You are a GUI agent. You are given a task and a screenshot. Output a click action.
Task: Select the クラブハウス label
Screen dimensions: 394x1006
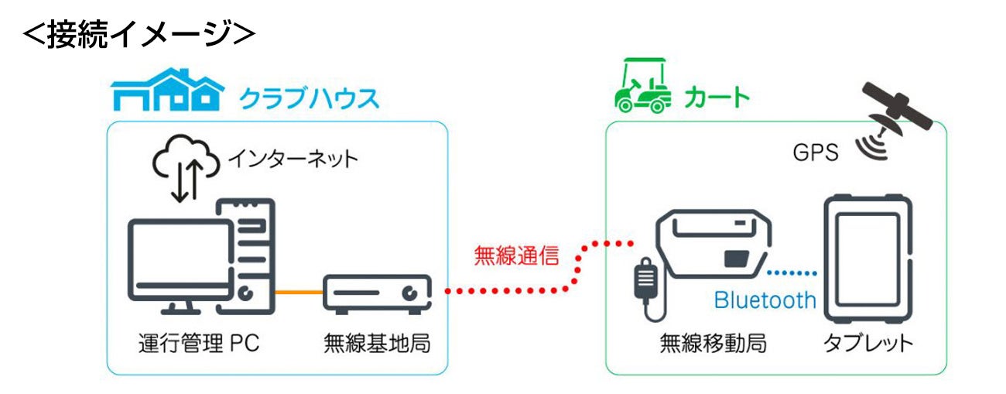click(x=309, y=98)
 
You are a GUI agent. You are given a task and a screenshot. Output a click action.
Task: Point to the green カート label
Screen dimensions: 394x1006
click(x=717, y=98)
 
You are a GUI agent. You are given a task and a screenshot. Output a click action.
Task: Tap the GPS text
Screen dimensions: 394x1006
click(x=815, y=152)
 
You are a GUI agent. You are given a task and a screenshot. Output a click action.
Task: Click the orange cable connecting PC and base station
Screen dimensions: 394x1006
click(x=298, y=292)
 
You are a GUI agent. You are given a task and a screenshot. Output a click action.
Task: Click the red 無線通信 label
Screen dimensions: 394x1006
click(x=516, y=257)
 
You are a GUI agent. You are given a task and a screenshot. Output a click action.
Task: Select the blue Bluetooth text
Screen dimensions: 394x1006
click(x=765, y=300)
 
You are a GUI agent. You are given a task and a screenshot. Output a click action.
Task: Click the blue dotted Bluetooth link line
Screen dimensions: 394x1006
click(x=792, y=272)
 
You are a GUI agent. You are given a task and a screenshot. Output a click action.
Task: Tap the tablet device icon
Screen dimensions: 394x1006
click(x=867, y=259)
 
